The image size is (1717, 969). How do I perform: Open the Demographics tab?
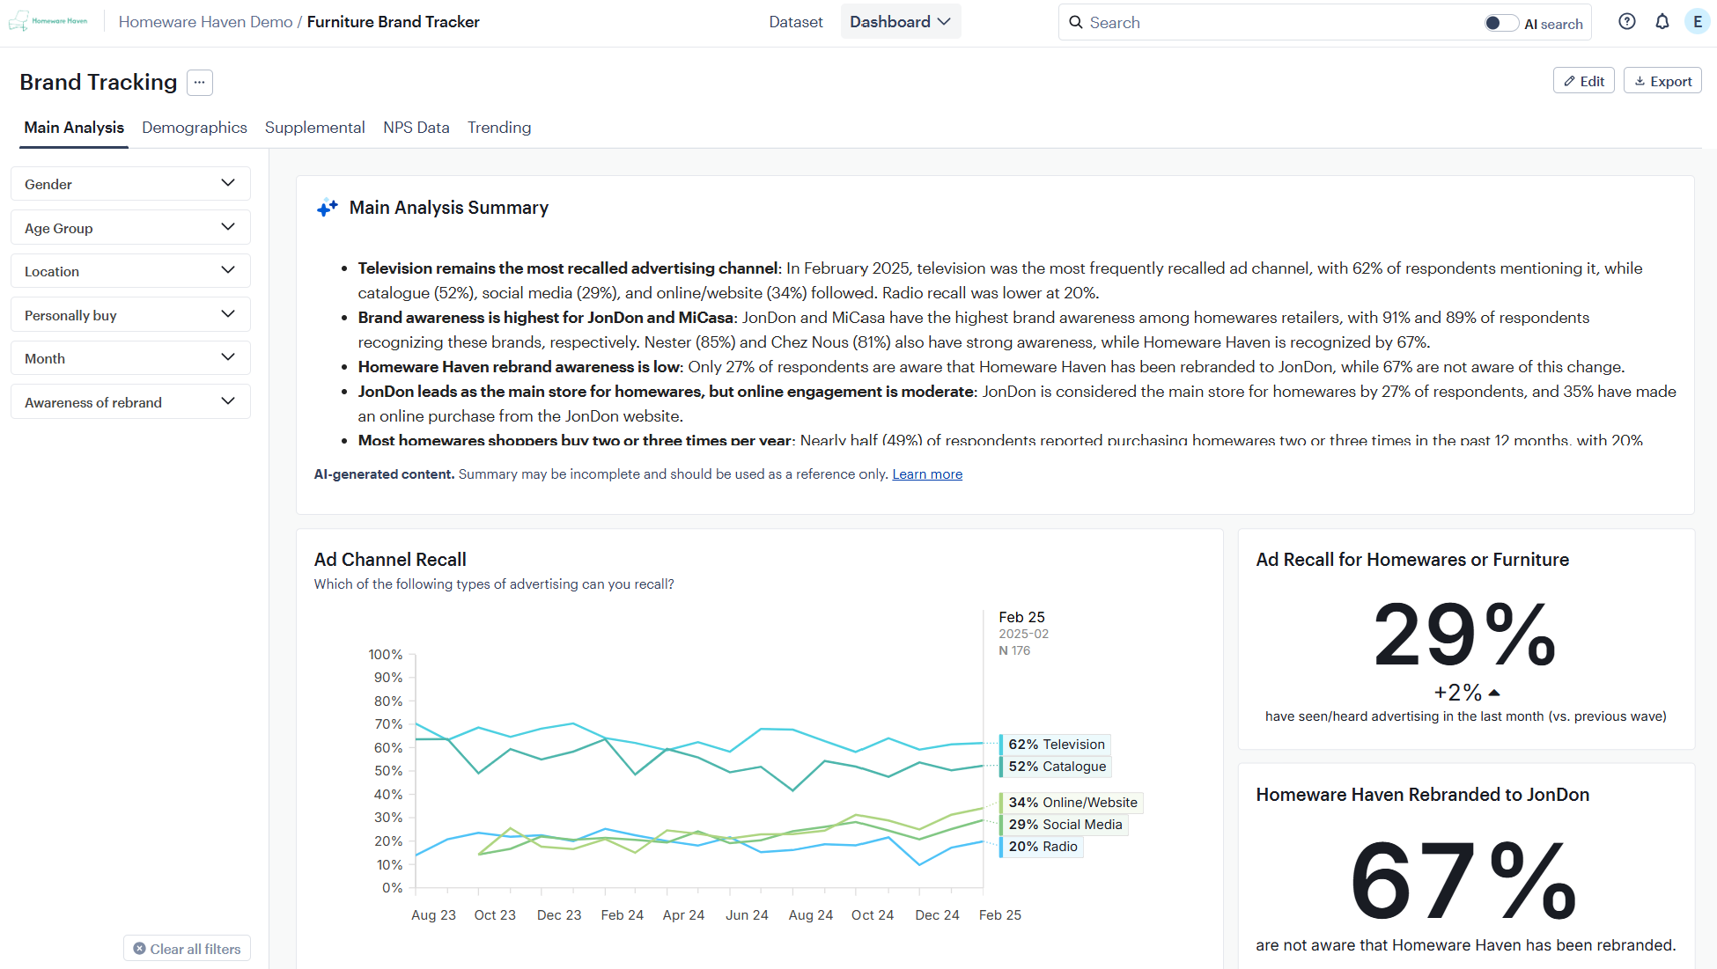tap(194, 128)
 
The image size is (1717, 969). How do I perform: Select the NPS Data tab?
tap(416, 128)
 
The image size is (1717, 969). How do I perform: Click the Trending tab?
tap(499, 128)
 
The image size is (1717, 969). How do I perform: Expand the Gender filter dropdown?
tap(130, 184)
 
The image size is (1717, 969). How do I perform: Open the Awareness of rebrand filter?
tap(130, 402)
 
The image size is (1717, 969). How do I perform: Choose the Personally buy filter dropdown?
tap(130, 315)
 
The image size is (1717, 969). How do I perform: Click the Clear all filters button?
tap(187, 949)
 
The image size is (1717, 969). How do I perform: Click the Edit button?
tap(1583, 81)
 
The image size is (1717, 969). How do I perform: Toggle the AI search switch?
tap(1500, 23)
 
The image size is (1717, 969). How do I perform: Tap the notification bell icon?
tap(1662, 22)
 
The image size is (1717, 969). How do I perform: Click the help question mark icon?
tap(1626, 22)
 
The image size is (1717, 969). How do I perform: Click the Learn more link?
tap(926, 474)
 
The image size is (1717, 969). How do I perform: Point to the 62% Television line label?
tap(1056, 745)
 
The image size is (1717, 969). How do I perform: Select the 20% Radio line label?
tap(1043, 847)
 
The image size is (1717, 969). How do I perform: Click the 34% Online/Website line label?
tap(1072, 803)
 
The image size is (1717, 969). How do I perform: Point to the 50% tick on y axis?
tap(388, 771)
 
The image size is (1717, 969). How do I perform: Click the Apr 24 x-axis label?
tap(683, 915)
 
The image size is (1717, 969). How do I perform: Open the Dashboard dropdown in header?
tap(900, 22)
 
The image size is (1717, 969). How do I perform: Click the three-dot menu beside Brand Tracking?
tap(200, 82)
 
